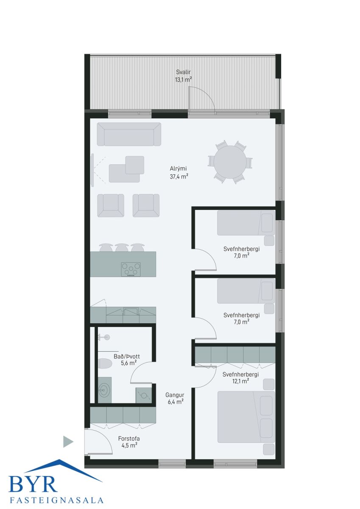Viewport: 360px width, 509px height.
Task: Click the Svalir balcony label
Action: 183,72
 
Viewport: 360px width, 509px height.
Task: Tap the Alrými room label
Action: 178,169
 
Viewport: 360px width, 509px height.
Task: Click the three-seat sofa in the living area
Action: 129,134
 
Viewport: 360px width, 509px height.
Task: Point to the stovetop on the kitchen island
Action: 131,269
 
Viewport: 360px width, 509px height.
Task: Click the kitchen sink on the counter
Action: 131,311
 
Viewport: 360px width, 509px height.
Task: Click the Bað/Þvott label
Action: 127,356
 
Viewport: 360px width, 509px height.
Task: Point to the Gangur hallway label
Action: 175,395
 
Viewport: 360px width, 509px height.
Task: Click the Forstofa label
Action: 129,439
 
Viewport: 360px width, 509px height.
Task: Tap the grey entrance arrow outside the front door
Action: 68,442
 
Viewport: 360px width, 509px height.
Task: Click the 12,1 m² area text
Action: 240,381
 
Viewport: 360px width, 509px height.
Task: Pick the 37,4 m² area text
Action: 179,176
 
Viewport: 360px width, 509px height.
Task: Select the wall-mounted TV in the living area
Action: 92,170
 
